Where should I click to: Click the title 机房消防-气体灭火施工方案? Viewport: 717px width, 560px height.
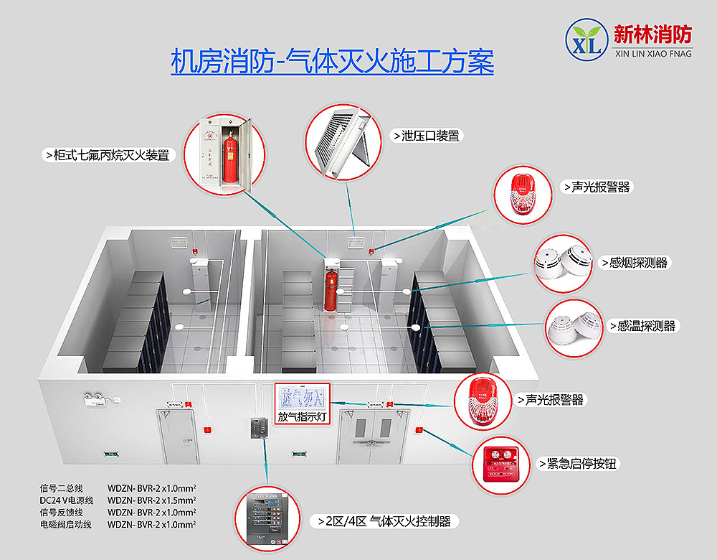332,61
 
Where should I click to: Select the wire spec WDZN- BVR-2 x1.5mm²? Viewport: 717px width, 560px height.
151,500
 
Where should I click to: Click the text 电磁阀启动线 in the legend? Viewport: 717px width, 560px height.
65,525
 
